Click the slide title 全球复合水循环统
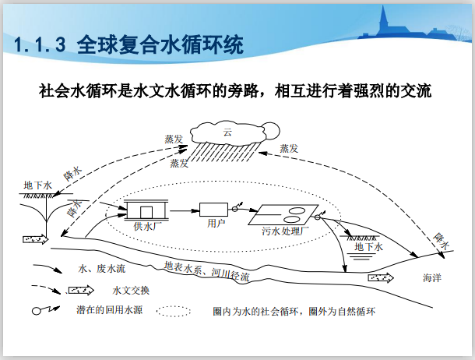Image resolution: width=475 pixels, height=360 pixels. (x=128, y=44)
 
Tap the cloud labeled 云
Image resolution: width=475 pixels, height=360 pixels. (x=227, y=131)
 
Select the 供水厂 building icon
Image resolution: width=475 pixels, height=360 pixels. (x=145, y=210)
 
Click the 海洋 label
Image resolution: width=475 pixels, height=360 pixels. (x=432, y=277)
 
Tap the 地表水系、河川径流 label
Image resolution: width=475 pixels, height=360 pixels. (x=207, y=270)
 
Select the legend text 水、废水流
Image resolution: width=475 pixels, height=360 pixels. (x=102, y=268)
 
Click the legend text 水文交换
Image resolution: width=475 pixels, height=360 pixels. (x=131, y=291)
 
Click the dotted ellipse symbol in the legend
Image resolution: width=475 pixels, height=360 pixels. (x=174, y=311)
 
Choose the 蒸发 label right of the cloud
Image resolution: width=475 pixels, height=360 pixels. (x=288, y=148)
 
